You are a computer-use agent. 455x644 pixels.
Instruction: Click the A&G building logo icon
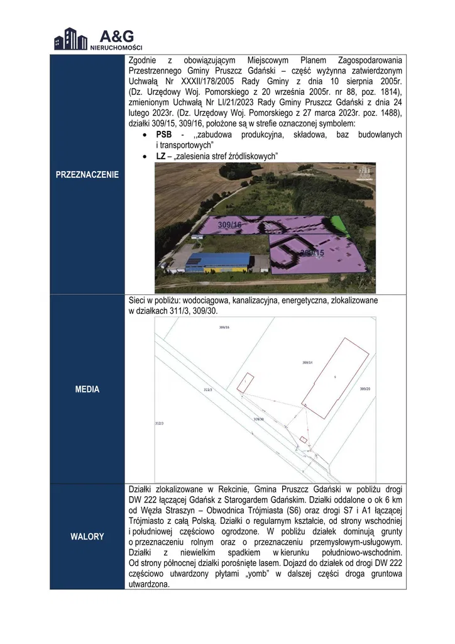point(70,38)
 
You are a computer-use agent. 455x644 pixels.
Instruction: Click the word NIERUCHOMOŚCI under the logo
point(116,48)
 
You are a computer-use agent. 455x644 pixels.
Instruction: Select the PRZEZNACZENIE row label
point(88,174)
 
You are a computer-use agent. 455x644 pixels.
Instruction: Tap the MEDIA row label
point(87,389)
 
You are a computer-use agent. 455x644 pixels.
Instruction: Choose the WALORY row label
point(87,536)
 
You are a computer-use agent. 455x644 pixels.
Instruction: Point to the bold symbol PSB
point(164,135)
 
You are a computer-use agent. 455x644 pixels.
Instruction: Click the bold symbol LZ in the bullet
point(160,155)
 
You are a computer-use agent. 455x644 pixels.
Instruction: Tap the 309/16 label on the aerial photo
point(229,225)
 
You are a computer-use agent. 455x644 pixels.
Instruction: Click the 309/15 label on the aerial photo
point(312,253)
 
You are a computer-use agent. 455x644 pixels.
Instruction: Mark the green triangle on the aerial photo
point(339,223)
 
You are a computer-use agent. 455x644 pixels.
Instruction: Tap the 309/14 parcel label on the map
point(307,363)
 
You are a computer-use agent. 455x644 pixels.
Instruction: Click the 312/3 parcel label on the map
point(159,423)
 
